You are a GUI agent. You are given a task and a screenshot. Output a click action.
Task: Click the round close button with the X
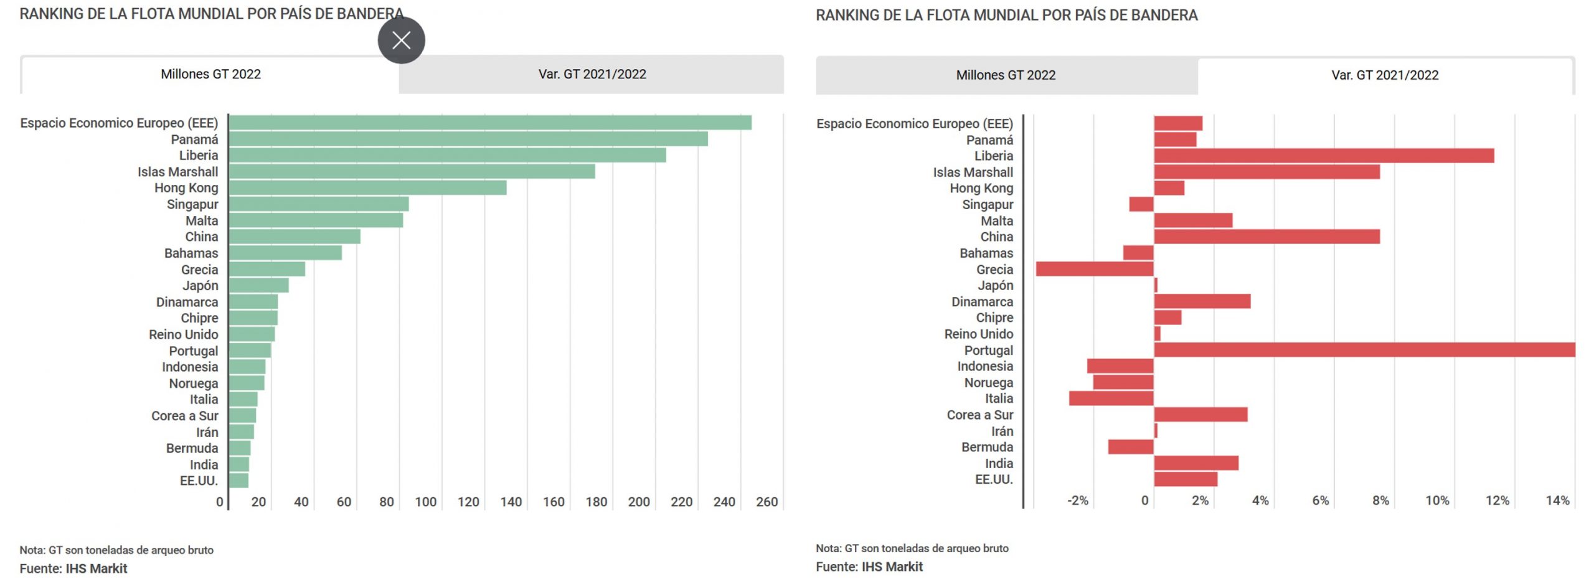401,40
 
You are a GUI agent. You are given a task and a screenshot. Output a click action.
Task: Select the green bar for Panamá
468,139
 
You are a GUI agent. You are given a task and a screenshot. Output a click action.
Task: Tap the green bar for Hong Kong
367,187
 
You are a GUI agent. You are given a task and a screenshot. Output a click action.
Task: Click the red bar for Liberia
1323,156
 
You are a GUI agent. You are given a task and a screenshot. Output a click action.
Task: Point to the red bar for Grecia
1094,269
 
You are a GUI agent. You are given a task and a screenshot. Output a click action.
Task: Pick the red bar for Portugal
1364,350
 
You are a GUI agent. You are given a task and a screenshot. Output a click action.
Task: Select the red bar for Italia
1111,398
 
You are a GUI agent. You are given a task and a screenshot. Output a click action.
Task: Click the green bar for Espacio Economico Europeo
489,123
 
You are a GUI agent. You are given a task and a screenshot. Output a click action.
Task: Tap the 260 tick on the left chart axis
766,502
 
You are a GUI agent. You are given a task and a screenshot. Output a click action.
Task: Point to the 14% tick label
1557,500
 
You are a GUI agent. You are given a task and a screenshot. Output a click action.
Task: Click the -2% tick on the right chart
1077,500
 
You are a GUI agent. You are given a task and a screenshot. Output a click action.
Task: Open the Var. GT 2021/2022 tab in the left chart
592,75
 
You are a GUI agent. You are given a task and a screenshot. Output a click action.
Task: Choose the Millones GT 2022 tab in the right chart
1006,75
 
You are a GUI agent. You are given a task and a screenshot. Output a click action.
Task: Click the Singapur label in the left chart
192,204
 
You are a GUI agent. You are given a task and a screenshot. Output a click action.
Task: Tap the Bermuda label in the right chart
987,447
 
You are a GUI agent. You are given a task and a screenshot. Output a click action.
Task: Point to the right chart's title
1006,15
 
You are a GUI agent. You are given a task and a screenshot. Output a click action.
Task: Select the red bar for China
1266,237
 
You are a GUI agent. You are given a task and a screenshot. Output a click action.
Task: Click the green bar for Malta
316,220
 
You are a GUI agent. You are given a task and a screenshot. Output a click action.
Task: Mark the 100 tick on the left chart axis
425,502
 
